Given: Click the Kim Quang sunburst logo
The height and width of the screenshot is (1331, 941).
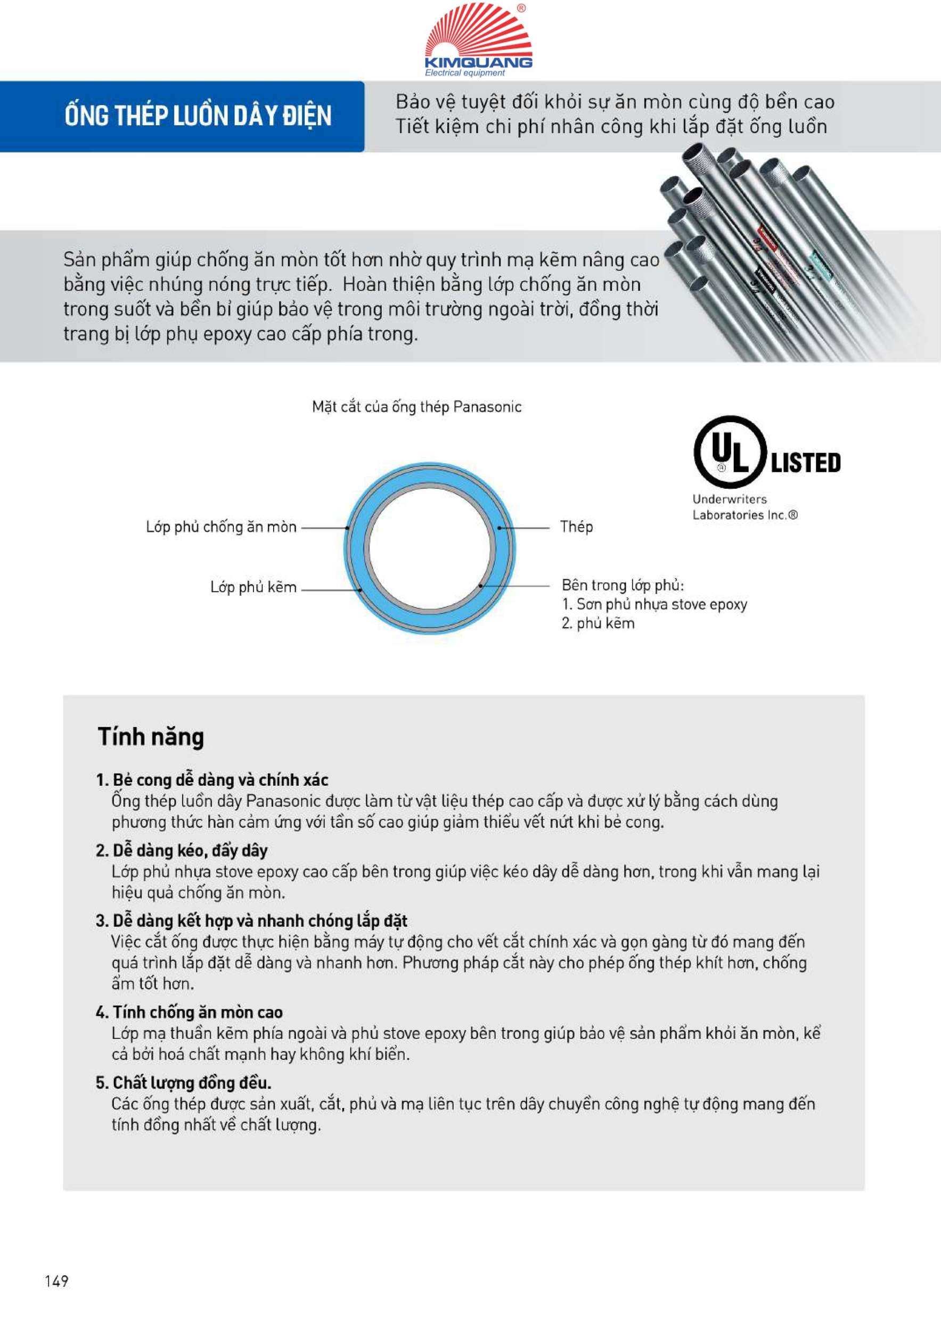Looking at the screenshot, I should point(478,32).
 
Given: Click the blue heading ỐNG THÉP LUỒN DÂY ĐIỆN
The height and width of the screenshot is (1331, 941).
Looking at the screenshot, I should point(198,117).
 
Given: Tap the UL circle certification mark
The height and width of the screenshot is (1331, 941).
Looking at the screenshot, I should point(730,452).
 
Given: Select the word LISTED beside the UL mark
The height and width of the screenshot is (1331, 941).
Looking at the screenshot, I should point(805,463).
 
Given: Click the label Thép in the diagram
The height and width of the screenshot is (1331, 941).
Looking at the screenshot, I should point(576,527).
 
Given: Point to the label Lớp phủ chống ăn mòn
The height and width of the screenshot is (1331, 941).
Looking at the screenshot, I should point(221,527).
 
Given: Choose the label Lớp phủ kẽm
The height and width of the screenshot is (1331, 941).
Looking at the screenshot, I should point(253,587).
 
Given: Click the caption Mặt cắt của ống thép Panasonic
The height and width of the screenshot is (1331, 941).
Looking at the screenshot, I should point(416,407).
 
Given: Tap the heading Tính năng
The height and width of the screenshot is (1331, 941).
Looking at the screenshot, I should point(151,737).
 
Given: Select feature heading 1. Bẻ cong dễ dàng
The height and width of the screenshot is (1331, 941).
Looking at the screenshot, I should point(212,780).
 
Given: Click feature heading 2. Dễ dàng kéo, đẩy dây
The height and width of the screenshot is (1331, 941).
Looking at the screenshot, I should point(182,850).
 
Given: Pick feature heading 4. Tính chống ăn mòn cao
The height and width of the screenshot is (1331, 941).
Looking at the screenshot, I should point(189,1012).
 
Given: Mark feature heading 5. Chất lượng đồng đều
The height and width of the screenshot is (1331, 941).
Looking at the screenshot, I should point(183,1082).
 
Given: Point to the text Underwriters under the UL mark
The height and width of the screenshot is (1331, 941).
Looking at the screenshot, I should point(730,499).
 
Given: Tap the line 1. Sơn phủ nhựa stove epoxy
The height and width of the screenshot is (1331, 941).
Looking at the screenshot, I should point(654,604).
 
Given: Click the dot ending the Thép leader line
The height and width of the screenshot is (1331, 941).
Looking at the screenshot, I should point(499,528).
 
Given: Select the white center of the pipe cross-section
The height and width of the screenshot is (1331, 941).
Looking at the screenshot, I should point(430,548).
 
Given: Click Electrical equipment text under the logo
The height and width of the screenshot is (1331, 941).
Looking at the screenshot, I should point(465,73).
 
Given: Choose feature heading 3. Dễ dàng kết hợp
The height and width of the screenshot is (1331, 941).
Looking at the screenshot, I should point(251,921).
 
